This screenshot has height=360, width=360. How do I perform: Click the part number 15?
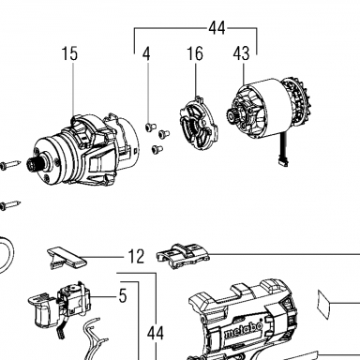tap(69, 53)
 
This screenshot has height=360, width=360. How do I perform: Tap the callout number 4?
tap(146, 53)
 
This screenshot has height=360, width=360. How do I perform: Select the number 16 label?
tap(195, 53)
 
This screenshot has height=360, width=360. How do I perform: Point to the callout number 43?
tap(241, 53)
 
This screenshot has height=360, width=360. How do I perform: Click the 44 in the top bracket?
tap(217, 28)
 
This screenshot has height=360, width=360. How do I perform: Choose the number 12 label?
tap(136, 257)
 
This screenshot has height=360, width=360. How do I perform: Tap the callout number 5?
tap(123, 295)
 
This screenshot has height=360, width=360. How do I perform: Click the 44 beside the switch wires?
tap(156, 333)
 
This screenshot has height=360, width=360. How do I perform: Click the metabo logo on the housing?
tap(243, 331)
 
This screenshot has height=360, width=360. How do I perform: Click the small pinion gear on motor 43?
tap(232, 117)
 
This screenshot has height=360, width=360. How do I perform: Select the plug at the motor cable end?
tap(283, 162)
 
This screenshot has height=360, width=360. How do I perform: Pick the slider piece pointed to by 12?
tap(67, 257)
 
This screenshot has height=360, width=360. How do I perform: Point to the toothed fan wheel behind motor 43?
tap(297, 103)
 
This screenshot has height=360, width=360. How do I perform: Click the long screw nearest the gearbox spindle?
tap(10, 164)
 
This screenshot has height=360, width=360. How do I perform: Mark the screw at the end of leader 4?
tap(151, 127)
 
